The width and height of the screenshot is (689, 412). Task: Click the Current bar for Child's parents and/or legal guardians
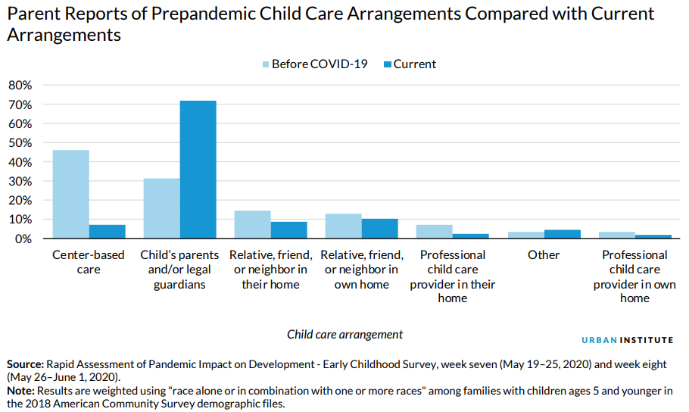click(198, 170)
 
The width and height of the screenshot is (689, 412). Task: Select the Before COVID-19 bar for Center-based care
click(71, 194)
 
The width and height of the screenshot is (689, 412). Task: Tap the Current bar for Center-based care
click(108, 232)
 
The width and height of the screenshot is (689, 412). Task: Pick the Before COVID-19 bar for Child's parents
click(162, 208)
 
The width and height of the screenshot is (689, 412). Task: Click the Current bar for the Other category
click(562, 234)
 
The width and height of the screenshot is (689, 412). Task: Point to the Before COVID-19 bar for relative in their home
click(253, 224)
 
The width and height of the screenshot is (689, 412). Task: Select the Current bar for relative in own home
click(380, 229)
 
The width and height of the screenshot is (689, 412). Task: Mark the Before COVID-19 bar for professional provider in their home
click(435, 232)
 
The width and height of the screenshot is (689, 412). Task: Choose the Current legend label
click(414, 64)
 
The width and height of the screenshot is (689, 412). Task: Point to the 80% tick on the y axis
click(20, 85)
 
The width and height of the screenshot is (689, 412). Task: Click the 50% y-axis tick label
click(20, 142)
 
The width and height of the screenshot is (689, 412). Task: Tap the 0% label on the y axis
click(23, 239)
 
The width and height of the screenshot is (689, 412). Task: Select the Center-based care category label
click(89, 262)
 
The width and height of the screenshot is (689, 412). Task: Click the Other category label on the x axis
click(544, 254)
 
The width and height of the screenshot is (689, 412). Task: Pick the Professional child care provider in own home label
click(634, 276)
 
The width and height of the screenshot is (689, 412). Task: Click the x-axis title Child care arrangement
click(344, 334)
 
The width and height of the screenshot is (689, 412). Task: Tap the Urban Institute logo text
click(627, 340)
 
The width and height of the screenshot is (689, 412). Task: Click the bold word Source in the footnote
click(25, 364)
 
